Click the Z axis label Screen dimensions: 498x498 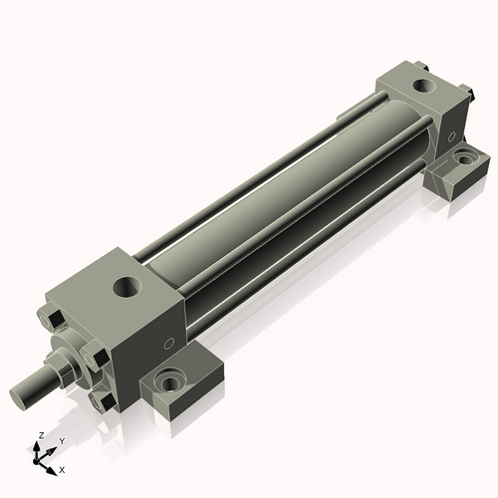click(x=42, y=435)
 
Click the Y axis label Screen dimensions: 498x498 click(x=62, y=441)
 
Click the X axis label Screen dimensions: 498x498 click(x=62, y=470)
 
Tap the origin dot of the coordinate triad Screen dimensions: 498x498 click(x=35, y=462)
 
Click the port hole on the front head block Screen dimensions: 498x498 click(x=127, y=287)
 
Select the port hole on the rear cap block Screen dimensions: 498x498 click(x=424, y=86)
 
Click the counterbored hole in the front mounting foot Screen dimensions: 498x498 click(x=170, y=381)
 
